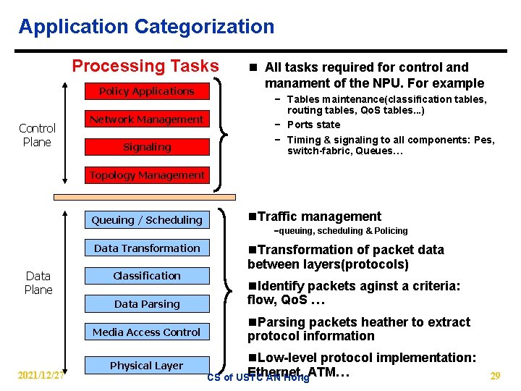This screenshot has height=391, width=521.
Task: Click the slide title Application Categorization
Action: (x=146, y=28)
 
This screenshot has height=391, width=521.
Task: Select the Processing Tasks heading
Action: (x=145, y=66)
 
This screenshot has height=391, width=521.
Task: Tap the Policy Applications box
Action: (x=147, y=91)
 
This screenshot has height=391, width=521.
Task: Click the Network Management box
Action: (x=147, y=119)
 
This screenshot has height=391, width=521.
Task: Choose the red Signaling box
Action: (x=147, y=147)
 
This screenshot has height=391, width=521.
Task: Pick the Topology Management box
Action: (x=147, y=175)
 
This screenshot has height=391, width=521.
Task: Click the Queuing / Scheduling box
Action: (x=147, y=220)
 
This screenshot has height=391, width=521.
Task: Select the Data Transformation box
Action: (x=147, y=248)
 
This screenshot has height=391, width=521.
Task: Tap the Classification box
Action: (x=147, y=276)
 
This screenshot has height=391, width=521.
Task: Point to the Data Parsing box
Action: (x=147, y=304)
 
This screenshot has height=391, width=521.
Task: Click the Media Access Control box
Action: (x=147, y=332)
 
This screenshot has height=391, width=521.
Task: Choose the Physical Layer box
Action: (x=147, y=366)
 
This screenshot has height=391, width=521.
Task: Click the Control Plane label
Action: (x=37, y=135)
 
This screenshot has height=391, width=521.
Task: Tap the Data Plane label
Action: (x=38, y=282)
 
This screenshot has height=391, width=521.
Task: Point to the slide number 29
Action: (x=495, y=376)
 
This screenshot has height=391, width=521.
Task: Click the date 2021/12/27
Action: (x=41, y=376)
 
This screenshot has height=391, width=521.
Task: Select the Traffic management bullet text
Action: (x=318, y=216)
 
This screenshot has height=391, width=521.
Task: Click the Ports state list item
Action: (x=313, y=125)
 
